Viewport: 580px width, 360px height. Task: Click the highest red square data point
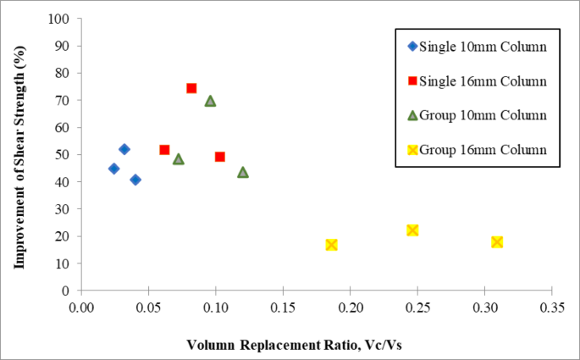[191, 88]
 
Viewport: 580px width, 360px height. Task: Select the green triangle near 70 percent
[210, 101]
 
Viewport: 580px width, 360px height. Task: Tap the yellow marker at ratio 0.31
[497, 242]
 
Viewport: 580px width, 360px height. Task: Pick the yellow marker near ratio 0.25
[412, 230]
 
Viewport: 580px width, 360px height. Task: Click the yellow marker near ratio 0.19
[332, 245]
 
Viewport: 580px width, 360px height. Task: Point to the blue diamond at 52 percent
[124, 149]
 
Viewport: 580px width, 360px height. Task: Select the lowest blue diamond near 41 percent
[135, 180]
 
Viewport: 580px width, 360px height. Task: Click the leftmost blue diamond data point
[113, 169]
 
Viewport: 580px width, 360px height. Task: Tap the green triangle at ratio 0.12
[243, 172]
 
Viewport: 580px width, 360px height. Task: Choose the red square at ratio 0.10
[220, 157]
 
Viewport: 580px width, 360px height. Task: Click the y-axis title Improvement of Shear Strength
[18, 154]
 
